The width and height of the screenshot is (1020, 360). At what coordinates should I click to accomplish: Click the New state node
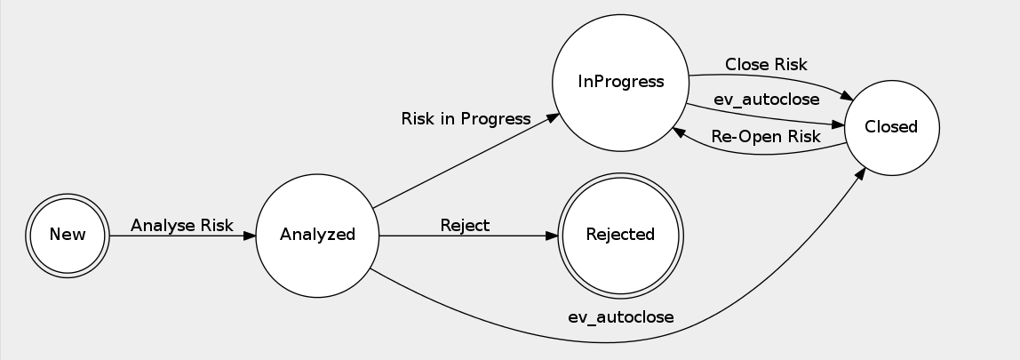click(68, 235)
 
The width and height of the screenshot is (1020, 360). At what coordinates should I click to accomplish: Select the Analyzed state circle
click(317, 235)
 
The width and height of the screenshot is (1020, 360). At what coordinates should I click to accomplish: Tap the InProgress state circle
click(621, 82)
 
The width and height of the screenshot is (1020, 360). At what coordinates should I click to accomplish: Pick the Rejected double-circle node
click(620, 235)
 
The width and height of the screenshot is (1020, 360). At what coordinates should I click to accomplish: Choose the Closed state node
click(891, 127)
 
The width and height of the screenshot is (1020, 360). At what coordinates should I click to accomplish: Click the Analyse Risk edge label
click(182, 225)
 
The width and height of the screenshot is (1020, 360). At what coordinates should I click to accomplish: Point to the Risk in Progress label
click(466, 118)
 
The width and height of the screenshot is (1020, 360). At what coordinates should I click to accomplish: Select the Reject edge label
click(465, 225)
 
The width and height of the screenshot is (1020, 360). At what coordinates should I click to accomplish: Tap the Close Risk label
click(766, 64)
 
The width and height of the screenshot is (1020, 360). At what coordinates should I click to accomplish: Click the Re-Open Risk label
click(766, 136)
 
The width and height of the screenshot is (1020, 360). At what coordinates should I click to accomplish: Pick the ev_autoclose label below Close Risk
click(766, 100)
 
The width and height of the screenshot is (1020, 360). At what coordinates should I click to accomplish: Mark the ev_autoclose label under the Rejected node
click(621, 316)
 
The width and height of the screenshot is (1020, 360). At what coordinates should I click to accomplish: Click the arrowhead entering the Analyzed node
click(250, 235)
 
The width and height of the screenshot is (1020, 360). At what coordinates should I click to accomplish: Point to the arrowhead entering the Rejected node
click(552, 235)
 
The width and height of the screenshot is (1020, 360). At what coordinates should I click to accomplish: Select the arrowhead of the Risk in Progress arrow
click(553, 116)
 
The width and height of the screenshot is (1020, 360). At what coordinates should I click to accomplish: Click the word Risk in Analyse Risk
click(216, 225)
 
